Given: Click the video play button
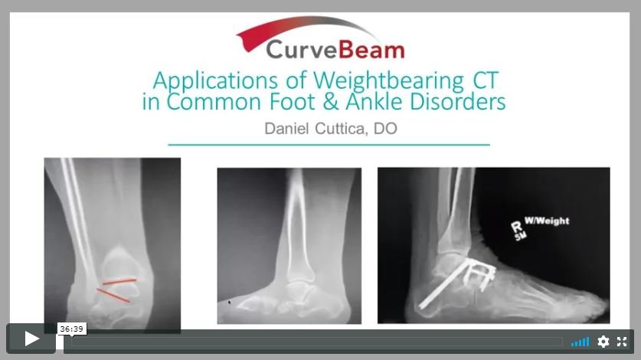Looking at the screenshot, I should (x=31, y=339).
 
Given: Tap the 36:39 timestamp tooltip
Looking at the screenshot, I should (x=71, y=329).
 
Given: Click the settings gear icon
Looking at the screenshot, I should (x=603, y=342).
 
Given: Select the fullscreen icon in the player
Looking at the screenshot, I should (x=622, y=342).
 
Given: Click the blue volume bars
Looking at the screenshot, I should (x=580, y=342).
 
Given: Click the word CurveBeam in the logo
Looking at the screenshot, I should (x=335, y=50).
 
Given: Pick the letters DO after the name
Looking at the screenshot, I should (x=386, y=128).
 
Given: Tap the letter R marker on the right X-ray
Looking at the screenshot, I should (x=515, y=226).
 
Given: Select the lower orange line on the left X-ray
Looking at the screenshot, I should (x=113, y=295).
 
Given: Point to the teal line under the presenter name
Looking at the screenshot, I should (x=329, y=144).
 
